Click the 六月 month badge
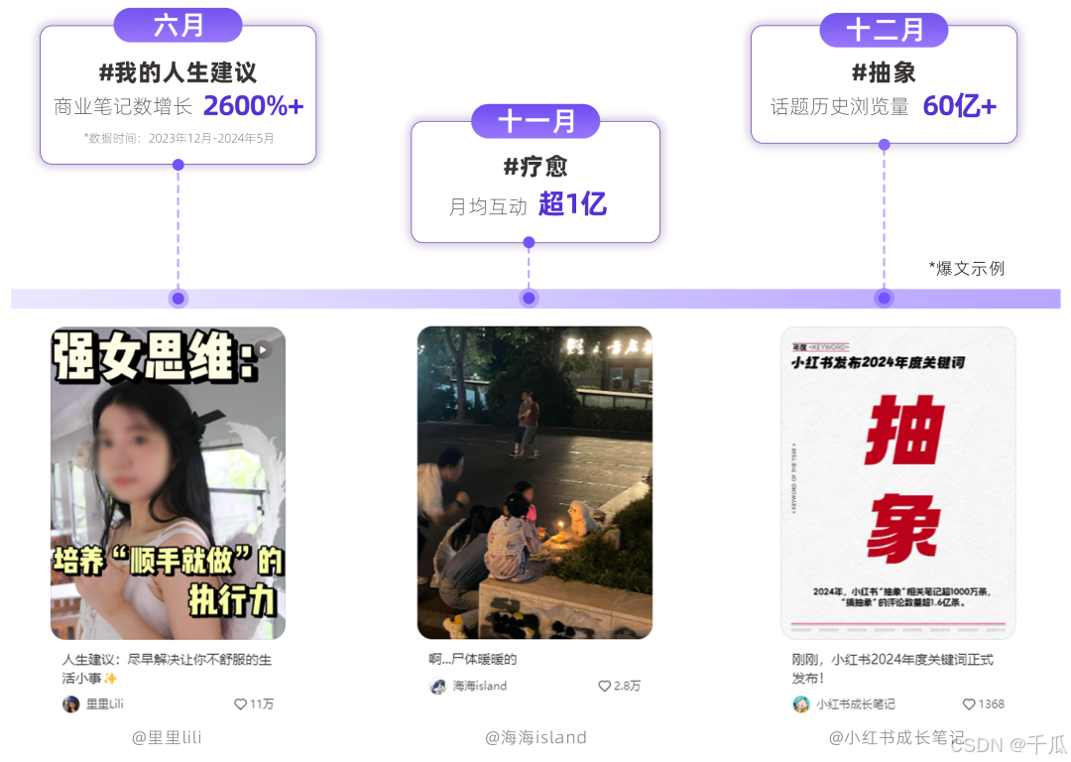[x=178, y=26]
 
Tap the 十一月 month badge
[x=535, y=121]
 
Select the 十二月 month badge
[x=884, y=30]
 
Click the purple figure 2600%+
[x=254, y=106]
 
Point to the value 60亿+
[x=959, y=106]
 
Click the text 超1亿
[x=572, y=204]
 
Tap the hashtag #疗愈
[x=535, y=166]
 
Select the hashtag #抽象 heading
[x=884, y=72]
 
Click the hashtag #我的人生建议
[x=178, y=72]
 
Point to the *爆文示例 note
[x=967, y=268]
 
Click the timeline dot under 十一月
[x=529, y=299]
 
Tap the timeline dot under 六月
[x=178, y=299]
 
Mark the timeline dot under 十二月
[x=884, y=299]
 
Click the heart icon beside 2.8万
[x=604, y=686]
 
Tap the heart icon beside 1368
[x=969, y=704]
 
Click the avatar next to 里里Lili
[x=71, y=704]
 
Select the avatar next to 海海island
[x=438, y=686]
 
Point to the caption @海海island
[x=535, y=737]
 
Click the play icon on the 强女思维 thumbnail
[x=262, y=349]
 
